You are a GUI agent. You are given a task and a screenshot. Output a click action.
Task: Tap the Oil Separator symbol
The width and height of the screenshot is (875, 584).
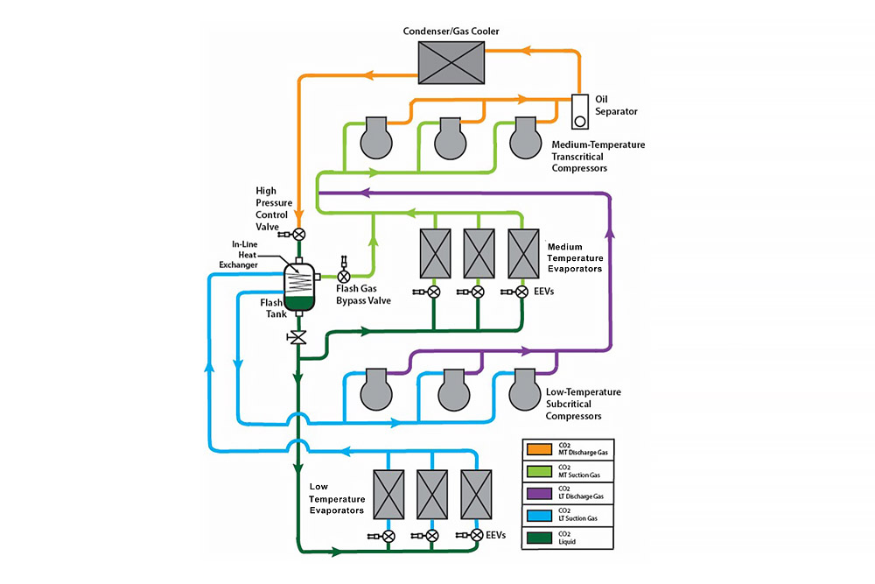[579, 110]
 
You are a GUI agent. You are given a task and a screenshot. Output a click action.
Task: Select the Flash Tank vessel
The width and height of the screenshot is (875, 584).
[299, 287]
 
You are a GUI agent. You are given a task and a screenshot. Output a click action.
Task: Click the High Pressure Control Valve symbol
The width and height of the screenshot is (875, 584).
[299, 234]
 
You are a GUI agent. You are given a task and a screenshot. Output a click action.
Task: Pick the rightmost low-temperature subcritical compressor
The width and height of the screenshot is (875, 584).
[526, 389]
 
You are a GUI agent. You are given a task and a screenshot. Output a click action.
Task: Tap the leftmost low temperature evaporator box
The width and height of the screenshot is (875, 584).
[390, 496]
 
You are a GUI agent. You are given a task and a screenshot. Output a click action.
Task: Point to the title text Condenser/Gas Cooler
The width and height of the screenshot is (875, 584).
[450, 32]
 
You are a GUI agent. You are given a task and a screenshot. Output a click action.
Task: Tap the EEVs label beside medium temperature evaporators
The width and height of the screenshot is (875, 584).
[543, 292]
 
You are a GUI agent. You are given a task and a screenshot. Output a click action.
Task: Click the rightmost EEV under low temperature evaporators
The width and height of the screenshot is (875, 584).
[477, 535]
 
